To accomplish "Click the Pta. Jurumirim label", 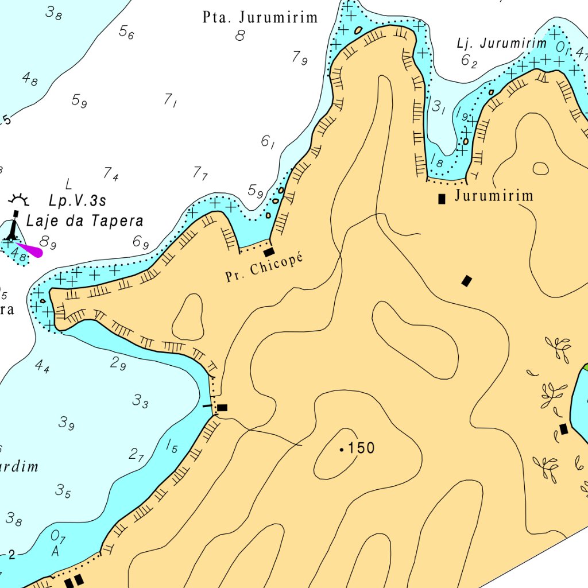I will [x=260, y=17].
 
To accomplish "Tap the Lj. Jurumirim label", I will [x=501, y=43].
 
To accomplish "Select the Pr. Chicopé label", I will [x=264, y=268].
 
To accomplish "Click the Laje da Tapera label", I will [x=85, y=221].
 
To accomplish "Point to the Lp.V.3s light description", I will [x=78, y=201].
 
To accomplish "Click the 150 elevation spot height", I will [x=357, y=448].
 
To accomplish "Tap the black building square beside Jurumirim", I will [x=442, y=199].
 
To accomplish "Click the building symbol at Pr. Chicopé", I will [x=268, y=252].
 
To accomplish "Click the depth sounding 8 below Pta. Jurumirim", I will [x=240, y=36].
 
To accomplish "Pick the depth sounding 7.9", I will [x=300, y=57].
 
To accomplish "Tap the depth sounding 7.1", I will [x=170, y=101].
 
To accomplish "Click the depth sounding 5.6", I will [x=126, y=32].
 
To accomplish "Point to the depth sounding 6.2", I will [x=469, y=60].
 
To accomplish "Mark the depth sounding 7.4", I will [x=111, y=173].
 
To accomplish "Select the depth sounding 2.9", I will [x=118, y=363].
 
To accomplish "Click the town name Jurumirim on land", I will [x=494, y=196].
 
